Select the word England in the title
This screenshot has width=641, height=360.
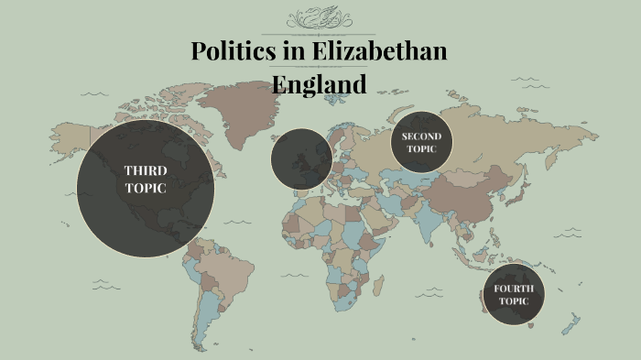pyautogui.click(x=320, y=83)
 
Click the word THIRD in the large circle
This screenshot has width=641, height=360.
pyautogui.click(x=146, y=170)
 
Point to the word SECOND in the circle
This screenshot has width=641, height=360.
pyautogui.click(x=421, y=136)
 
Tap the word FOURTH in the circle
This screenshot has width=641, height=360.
pyautogui.click(x=513, y=289)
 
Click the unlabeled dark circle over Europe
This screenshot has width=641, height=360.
pyautogui.click(x=301, y=158)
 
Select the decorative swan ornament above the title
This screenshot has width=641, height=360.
pyautogui.click(x=320, y=18)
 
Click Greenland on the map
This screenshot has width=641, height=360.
pyautogui.click(x=240, y=110)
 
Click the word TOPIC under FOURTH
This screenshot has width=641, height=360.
pyautogui.click(x=513, y=301)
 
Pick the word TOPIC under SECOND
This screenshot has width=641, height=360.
pyautogui.click(x=421, y=148)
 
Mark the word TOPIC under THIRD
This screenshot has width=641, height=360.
pyautogui.click(x=146, y=188)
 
